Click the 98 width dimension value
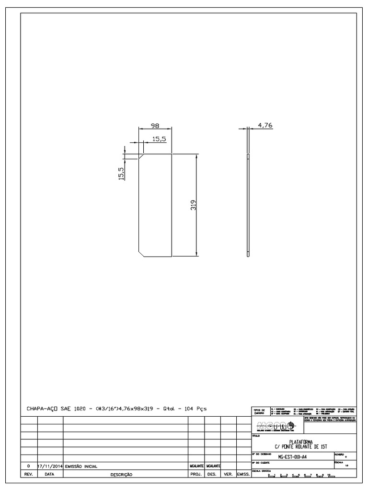(x=155, y=126)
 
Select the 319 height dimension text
(x=193, y=206)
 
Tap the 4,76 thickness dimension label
(x=265, y=125)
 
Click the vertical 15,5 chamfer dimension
(x=121, y=173)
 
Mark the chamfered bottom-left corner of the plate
(x=142, y=253)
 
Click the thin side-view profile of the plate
(x=248, y=206)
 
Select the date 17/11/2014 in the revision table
(x=50, y=466)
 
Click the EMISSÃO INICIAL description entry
(x=81, y=466)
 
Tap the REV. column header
(x=29, y=474)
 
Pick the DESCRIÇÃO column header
(x=121, y=474)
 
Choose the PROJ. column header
(x=196, y=474)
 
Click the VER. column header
(x=228, y=474)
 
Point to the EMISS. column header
(x=242, y=474)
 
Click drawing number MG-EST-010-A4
(x=292, y=457)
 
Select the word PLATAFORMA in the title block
(x=300, y=442)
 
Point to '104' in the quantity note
(x=184, y=409)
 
